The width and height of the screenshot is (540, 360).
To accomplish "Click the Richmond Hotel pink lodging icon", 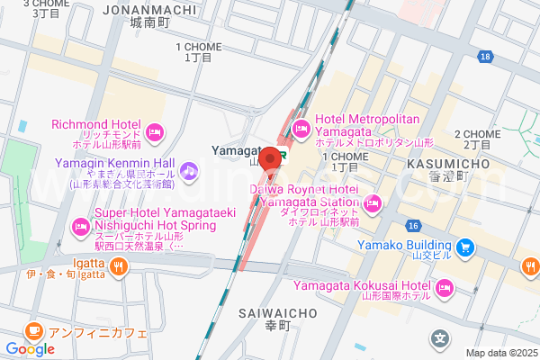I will pyautogui.click(x=154, y=131).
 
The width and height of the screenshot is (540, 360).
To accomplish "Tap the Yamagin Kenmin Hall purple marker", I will pyautogui.click(x=189, y=168).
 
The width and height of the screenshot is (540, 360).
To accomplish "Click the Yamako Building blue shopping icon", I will pyautogui.click(x=465, y=246).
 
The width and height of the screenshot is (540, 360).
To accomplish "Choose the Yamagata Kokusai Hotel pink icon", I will pyautogui.click(x=443, y=288).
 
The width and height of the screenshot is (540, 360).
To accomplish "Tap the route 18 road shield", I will pyautogui.click(x=486, y=57).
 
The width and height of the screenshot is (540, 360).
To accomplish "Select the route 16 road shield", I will pyautogui.click(x=414, y=225).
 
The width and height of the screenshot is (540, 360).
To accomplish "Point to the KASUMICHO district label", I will pyautogui.click(x=447, y=164).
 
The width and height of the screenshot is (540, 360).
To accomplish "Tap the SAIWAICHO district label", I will pyautogui.click(x=278, y=313).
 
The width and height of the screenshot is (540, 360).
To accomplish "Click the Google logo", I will pyautogui.click(x=30, y=349).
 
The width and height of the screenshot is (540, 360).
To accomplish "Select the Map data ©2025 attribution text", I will pyautogui.click(x=499, y=353).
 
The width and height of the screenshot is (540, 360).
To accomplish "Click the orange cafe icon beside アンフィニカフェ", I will pyautogui.click(x=34, y=329).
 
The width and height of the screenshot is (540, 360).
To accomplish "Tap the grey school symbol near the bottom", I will pyautogui.click(x=440, y=339).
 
